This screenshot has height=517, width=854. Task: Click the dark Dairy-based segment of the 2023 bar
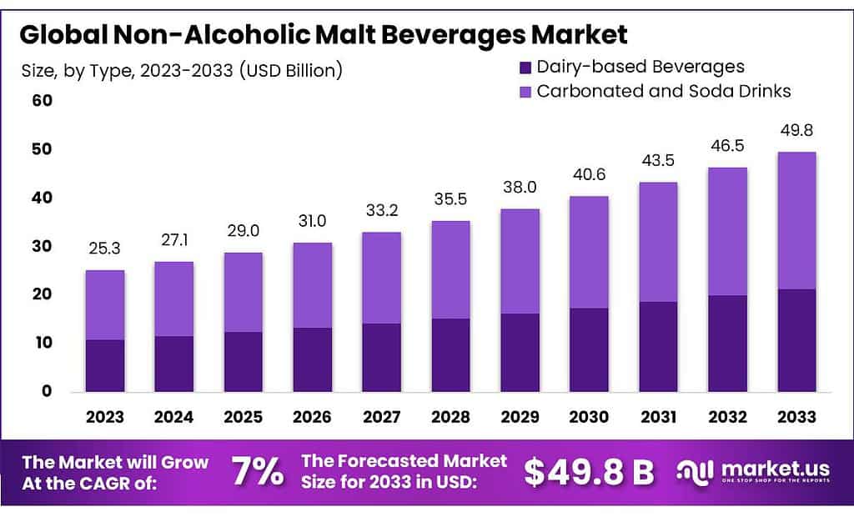coord(105,365)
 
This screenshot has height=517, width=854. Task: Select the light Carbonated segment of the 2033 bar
coord(796,220)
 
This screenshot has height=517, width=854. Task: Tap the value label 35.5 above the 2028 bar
coord(450,199)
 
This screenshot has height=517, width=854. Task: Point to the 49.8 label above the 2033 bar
coord(796,131)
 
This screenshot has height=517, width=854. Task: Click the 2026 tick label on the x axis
coord(312,416)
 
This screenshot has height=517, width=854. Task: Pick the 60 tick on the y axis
coord(42,101)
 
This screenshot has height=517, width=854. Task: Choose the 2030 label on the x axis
coord(589,416)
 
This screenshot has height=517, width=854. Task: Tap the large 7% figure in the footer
coord(257,472)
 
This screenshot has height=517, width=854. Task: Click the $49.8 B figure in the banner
coord(588,472)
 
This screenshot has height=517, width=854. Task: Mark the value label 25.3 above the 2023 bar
coord(105,248)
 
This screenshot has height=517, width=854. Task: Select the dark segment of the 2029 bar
coord(520,352)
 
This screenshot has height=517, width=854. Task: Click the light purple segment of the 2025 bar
coord(243,292)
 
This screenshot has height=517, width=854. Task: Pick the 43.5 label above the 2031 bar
coord(658,161)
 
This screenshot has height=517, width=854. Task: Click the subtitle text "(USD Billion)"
coord(291,71)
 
